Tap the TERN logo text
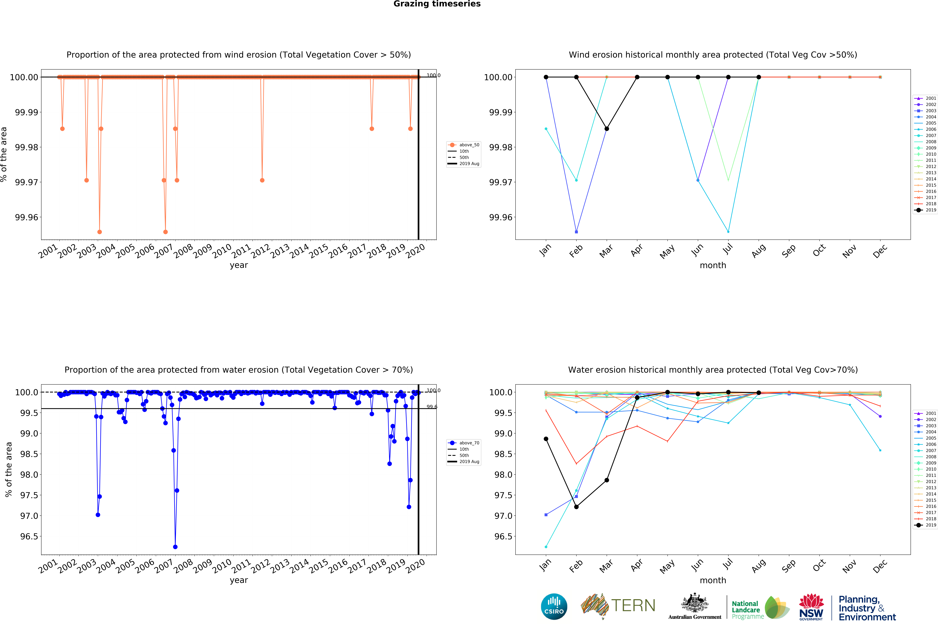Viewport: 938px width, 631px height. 633,606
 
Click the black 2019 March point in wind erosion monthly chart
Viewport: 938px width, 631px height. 607,129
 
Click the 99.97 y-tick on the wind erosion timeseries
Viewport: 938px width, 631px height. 27,182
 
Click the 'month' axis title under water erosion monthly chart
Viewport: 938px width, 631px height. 713,580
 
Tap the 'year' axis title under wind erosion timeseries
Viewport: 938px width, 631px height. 239,265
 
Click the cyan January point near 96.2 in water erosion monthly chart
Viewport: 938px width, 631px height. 546,547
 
